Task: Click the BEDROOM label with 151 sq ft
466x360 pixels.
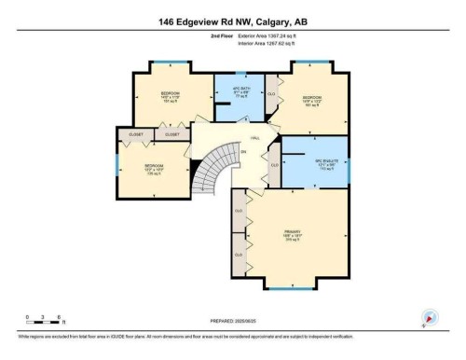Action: point(169,95)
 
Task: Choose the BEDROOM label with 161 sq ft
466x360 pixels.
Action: point(311,99)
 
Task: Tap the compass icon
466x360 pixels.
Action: point(430,318)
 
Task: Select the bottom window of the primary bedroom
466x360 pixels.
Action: point(294,285)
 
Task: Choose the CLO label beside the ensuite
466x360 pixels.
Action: point(274,165)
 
